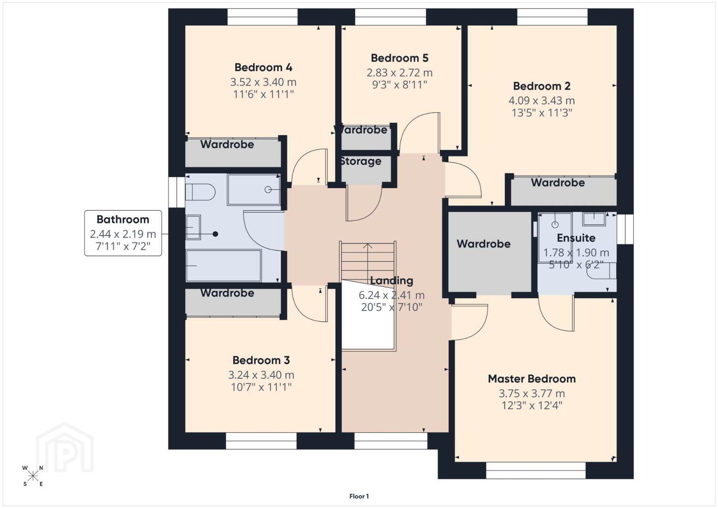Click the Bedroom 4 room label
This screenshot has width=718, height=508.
point(263,67)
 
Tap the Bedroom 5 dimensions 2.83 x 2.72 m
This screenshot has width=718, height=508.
point(399,73)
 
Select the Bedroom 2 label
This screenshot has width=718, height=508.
point(542,86)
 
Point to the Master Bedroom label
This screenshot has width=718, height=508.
point(532,379)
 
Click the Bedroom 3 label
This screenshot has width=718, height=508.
point(261,360)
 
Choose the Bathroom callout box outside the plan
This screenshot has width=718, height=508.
point(123,233)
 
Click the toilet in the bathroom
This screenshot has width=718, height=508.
point(200,191)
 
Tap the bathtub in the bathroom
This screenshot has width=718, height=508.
point(224,266)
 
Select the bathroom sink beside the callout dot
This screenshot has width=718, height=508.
point(193,227)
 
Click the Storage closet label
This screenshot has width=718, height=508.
point(361,161)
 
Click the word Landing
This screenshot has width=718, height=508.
point(391,281)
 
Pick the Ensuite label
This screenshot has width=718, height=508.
point(576,238)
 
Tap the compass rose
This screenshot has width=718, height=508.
point(33,476)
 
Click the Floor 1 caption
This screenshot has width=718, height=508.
point(359,496)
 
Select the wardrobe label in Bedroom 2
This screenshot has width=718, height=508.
point(558,183)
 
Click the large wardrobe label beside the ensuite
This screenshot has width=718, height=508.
point(484,244)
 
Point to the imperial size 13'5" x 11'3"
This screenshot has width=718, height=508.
point(542,113)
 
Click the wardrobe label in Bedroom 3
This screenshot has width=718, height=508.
point(227,293)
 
